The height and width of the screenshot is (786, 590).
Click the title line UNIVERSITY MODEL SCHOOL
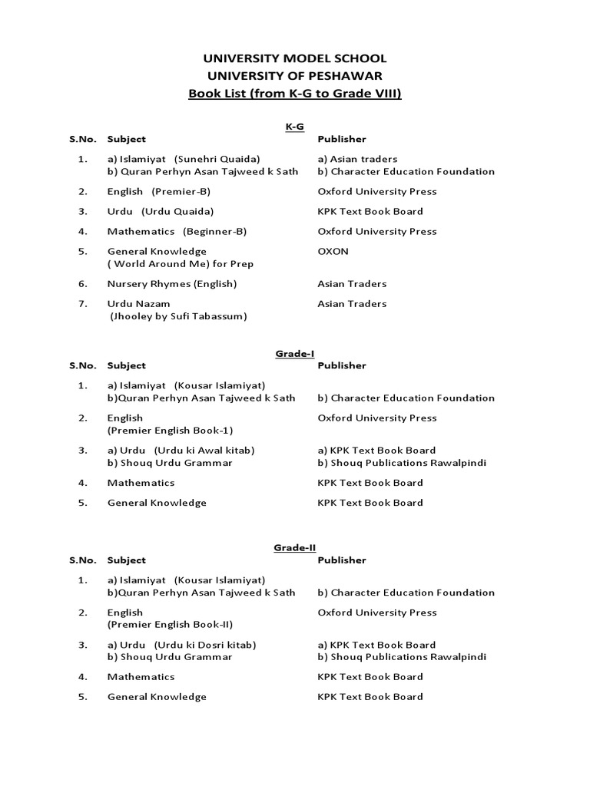coord(294,59)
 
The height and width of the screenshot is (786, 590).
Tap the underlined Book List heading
coord(294,94)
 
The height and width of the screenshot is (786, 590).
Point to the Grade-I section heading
coord(294,352)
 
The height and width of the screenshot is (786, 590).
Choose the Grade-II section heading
coord(294,547)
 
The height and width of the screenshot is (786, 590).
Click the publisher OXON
coord(333,251)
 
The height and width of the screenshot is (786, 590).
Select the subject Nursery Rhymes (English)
coord(172,284)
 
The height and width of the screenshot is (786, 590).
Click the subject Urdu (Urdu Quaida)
coord(161,212)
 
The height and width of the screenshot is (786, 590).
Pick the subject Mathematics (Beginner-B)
coord(177,232)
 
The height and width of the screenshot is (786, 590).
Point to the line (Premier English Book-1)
coord(170,431)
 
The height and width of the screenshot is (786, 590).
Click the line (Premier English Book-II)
coord(170,625)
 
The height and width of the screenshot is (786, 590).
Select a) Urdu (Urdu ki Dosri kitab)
coord(181,645)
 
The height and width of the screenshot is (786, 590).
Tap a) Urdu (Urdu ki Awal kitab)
coord(181,451)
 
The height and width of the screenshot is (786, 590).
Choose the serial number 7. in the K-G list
coord(82,304)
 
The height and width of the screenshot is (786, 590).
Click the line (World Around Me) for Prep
coord(181,264)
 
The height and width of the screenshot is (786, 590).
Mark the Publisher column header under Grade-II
coord(342,560)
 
